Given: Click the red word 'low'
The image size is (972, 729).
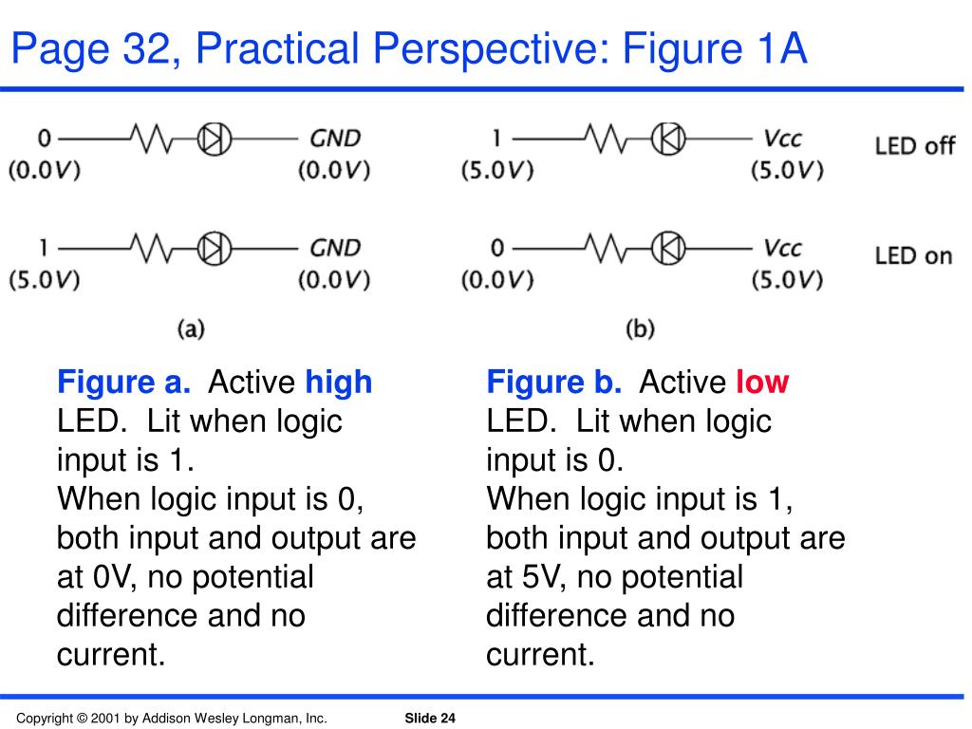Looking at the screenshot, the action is [x=762, y=383].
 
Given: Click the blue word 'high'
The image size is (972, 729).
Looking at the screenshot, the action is [x=339, y=383].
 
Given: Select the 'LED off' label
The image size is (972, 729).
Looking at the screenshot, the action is [x=914, y=145].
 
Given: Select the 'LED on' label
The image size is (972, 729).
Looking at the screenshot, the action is [x=913, y=255].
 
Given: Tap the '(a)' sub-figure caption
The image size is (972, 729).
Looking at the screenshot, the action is [x=191, y=328].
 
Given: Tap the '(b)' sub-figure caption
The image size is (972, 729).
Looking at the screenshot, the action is [x=641, y=328].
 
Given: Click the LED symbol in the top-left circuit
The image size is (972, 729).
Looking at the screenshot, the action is [x=215, y=140].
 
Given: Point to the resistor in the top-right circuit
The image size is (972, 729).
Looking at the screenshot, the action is [x=605, y=140].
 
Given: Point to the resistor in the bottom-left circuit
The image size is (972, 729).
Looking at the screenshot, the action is [x=153, y=249].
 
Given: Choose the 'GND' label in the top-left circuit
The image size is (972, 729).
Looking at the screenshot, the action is [x=336, y=139].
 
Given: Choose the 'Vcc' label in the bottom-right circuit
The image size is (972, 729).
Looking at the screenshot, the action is [x=783, y=248].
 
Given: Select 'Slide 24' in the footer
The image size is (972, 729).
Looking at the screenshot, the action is [x=430, y=719].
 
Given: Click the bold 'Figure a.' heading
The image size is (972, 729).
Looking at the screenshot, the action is [x=124, y=383].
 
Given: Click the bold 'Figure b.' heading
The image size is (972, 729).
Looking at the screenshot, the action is [x=554, y=383].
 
